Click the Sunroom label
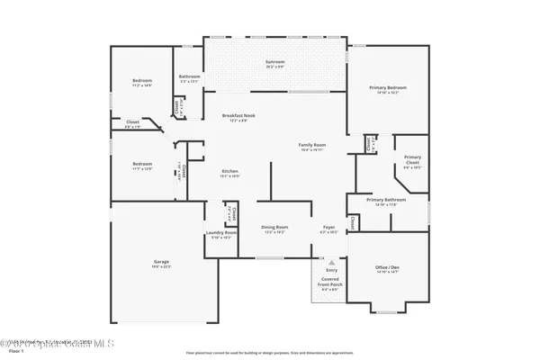[274, 61]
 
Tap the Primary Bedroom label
[388, 87]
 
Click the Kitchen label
[230, 171]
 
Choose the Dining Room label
[274, 227]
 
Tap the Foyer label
[328, 227]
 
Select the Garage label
[160, 262]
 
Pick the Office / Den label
[388, 267]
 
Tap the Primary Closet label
[412, 158]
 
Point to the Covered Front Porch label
[330, 282]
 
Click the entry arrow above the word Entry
[330, 262]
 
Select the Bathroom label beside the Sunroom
[189, 77]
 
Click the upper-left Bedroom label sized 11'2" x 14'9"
[142, 81]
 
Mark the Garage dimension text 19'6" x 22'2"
[160, 267]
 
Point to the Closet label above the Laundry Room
[231, 212]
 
